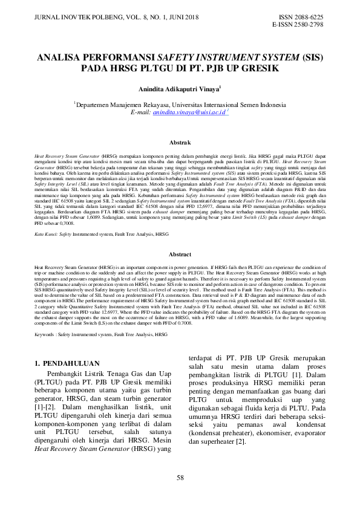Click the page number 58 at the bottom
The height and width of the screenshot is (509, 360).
click(x=180, y=478)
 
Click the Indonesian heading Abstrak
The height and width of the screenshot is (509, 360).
click(x=180, y=143)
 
